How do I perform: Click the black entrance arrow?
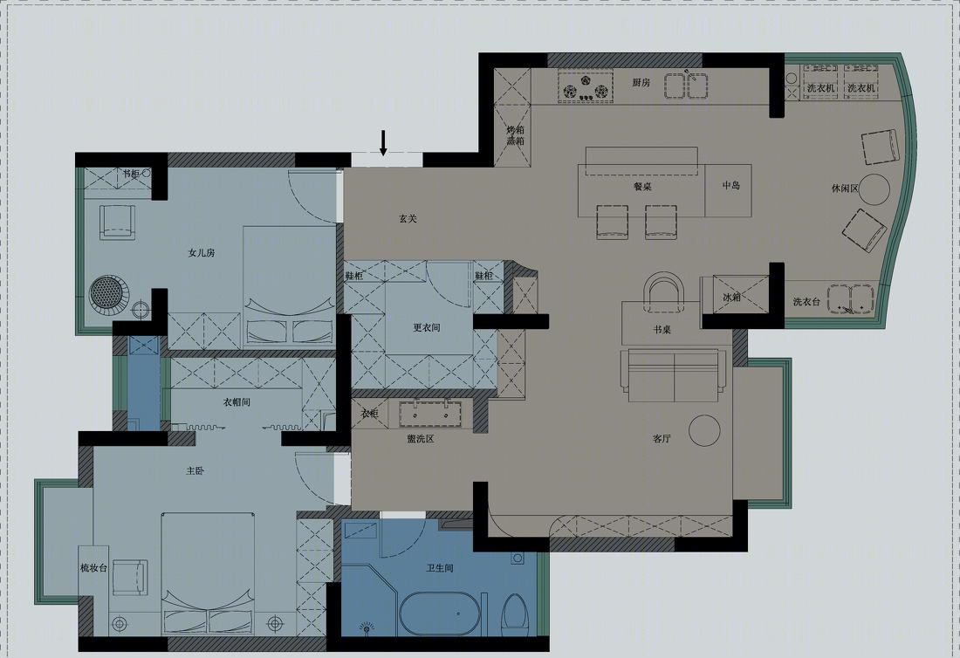(x=383, y=142)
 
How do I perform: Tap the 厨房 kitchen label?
(x=641, y=82)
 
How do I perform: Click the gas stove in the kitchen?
(x=586, y=86)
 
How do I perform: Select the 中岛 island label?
(x=731, y=185)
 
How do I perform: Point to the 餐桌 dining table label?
(x=642, y=187)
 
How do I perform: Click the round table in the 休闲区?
(x=874, y=189)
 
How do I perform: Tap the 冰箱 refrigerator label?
(x=732, y=298)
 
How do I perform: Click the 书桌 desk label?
(x=662, y=329)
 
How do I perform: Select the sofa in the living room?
(x=674, y=374)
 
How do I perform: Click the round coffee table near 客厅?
(x=704, y=431)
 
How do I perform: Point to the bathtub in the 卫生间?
(x=440, y=613)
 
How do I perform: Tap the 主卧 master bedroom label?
(x=195, y=470)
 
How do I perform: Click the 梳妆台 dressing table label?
(x=93, y=567)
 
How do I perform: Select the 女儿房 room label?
(x=202, y=252)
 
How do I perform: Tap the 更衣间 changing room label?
(x=426, y=327)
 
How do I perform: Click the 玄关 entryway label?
(x=408, y=218)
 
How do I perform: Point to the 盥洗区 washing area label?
(x=421, y=439)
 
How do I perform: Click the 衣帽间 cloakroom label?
(x=237, y=402)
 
